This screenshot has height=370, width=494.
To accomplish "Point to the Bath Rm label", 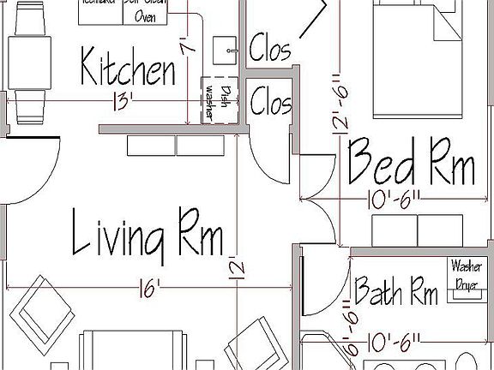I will [x=396, y=290].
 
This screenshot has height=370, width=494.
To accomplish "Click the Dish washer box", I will [x=218, y=101].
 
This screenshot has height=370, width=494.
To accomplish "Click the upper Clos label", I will [x=270, y=49].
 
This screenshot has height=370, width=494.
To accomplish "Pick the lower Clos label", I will [x=271, y=104].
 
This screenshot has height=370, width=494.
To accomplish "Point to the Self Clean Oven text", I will [x=147, y=10].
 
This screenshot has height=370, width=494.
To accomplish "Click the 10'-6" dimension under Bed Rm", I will [x=395, y=199].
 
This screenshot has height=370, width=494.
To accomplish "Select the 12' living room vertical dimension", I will [x=238, y=271].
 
